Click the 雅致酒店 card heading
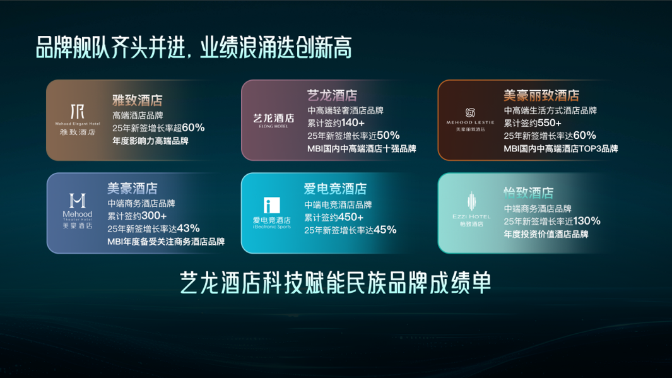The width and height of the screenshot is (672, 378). point(138,100)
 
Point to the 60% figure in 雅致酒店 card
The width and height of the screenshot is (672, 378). point(193,127)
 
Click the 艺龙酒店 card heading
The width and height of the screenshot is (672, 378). point(332,95)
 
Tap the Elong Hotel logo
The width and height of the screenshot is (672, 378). point(273,120)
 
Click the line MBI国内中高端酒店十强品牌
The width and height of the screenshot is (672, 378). point(362,150)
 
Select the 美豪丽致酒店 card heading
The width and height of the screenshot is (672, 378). point(541,95)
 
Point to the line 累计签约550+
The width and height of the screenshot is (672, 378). point(532,123)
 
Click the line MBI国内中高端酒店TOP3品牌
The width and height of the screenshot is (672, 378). point(560,149)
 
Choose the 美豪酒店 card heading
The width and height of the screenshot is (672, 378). point(133,188)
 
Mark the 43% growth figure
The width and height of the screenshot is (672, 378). point(189,228)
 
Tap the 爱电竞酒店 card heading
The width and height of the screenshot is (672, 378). point(335,189)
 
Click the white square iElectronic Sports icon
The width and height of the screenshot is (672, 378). point(271,205)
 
